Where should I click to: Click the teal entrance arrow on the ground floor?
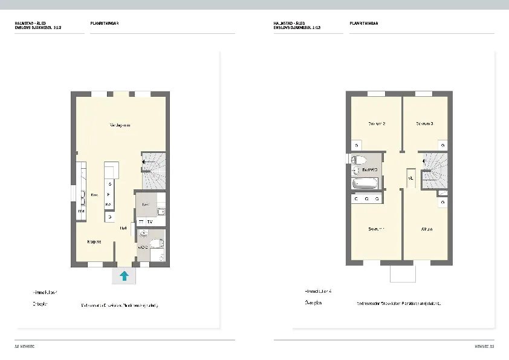click(124, 276)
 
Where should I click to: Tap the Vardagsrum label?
click(121, 125)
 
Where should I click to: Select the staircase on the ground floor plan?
click(154, 171)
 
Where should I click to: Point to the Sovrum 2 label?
click(377, 123)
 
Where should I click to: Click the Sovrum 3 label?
click(424, 123)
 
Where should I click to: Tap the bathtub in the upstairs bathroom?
click(365, 184)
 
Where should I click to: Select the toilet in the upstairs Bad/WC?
click(358, 160)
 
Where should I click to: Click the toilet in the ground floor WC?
click(155, 243)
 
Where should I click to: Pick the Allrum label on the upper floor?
click(426, 229)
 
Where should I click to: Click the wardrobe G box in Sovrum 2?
click(357, 145)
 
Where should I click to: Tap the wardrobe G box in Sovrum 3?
click(443, 145)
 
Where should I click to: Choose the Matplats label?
click(94, 241)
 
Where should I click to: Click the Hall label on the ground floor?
click(123, 228)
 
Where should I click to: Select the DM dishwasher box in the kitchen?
click(80, 211)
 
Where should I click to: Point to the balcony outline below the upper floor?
click(403, 273)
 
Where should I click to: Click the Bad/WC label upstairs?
click(370, 170)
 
